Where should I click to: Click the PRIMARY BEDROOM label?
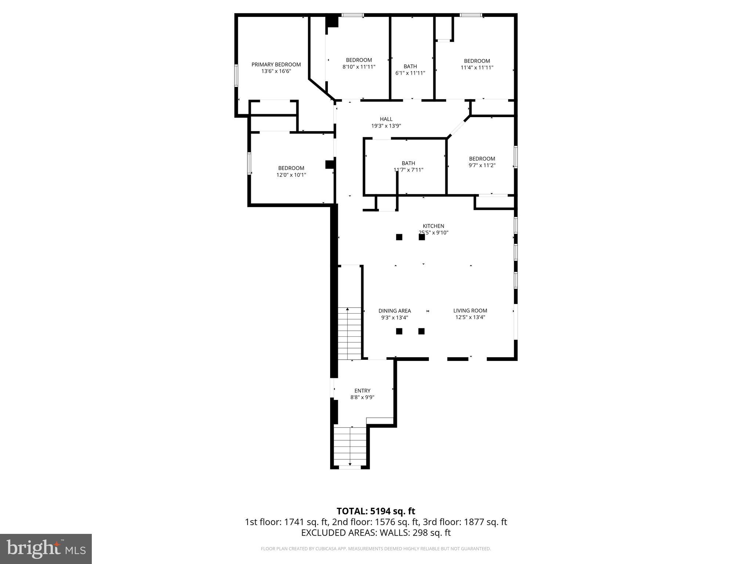point(276,65)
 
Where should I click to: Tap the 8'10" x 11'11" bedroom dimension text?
point(359,67)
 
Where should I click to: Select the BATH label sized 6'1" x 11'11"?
point(410,66)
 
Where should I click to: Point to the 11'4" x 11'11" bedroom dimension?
point(477,68)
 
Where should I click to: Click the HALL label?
point(386,119)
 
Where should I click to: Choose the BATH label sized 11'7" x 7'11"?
point(408,163)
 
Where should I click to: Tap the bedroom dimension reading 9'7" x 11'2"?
point(482,165)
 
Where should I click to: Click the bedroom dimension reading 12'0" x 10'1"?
point(291,175)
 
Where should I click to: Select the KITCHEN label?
point(433,226)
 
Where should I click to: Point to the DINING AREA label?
point(394,311)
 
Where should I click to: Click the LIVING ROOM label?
point(470,311)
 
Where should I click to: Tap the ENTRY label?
point(362,391)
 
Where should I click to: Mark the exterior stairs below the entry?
point(350,446)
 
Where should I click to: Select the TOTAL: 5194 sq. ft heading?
point(376,511)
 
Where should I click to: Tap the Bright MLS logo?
point(46,549)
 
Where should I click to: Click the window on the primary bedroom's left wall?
point(236,75)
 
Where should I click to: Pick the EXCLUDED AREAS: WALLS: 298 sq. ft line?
point(376,533)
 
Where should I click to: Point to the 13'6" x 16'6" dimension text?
point(276,71)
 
